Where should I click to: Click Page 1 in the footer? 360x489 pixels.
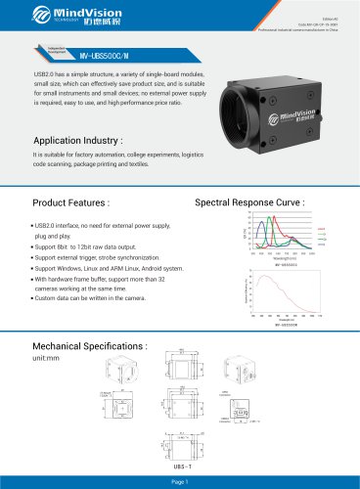pos(180,481)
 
